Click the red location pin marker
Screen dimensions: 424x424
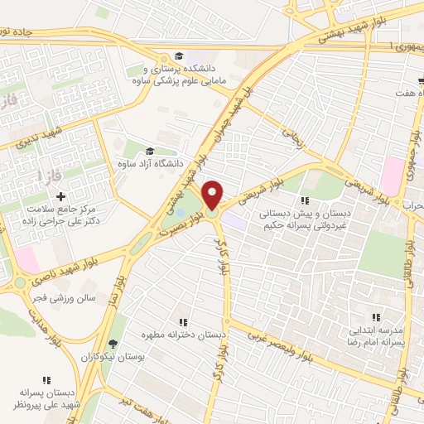(212, 195)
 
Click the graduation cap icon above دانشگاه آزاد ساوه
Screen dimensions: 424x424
(150, 151)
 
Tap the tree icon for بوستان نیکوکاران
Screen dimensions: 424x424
(112, 343)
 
